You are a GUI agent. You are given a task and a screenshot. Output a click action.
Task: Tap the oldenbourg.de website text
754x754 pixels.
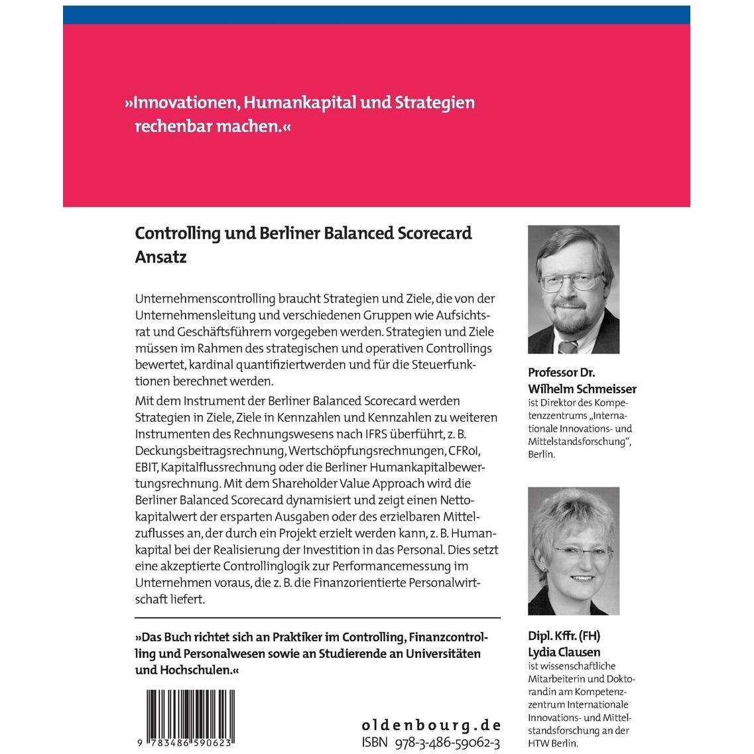431,724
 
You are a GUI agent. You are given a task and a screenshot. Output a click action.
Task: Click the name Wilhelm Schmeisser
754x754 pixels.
582,389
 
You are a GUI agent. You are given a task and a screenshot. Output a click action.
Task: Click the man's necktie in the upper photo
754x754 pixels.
568,347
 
